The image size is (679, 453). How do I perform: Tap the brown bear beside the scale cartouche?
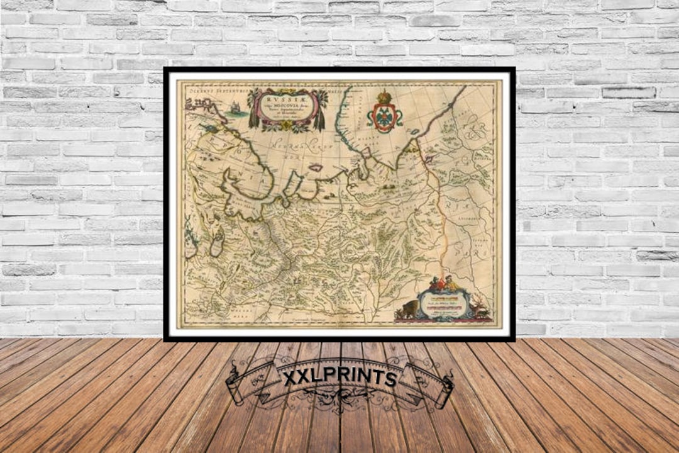(408, 310)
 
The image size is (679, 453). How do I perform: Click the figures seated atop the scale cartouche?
(445, 284)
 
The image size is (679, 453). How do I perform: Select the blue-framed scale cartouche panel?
(445, 304)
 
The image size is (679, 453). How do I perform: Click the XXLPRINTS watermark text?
(339, 378)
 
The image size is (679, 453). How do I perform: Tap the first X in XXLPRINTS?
(290, 379)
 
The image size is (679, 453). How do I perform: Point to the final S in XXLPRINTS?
(390, 378)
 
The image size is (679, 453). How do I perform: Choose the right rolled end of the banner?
(446, 390)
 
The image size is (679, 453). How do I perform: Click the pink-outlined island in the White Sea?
(316, 168)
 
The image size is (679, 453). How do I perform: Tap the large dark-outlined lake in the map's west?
(217, 243)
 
